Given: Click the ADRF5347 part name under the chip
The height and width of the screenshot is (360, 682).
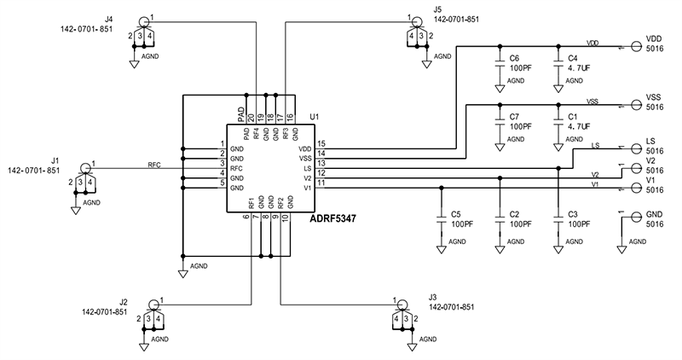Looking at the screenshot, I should click(333, 219).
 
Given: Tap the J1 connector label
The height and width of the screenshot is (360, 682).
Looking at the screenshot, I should click(55, 160).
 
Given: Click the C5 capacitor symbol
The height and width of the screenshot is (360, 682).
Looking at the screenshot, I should click(442, 221).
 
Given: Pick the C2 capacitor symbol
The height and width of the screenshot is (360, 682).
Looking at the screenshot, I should click(500, 221).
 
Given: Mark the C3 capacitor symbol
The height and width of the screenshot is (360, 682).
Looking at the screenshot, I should click(558, 221).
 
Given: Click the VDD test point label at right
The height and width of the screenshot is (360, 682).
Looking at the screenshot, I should click(654, 38).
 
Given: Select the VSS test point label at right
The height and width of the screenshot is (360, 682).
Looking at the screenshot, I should click(654, 97).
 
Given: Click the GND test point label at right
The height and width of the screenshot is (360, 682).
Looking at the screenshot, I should click(654, 213).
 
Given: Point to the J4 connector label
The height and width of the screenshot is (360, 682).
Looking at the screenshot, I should click(108, 17).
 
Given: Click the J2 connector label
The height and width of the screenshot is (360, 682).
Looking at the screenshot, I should click(124, 302).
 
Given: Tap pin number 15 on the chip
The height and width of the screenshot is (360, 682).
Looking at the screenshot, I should click(321, 144).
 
